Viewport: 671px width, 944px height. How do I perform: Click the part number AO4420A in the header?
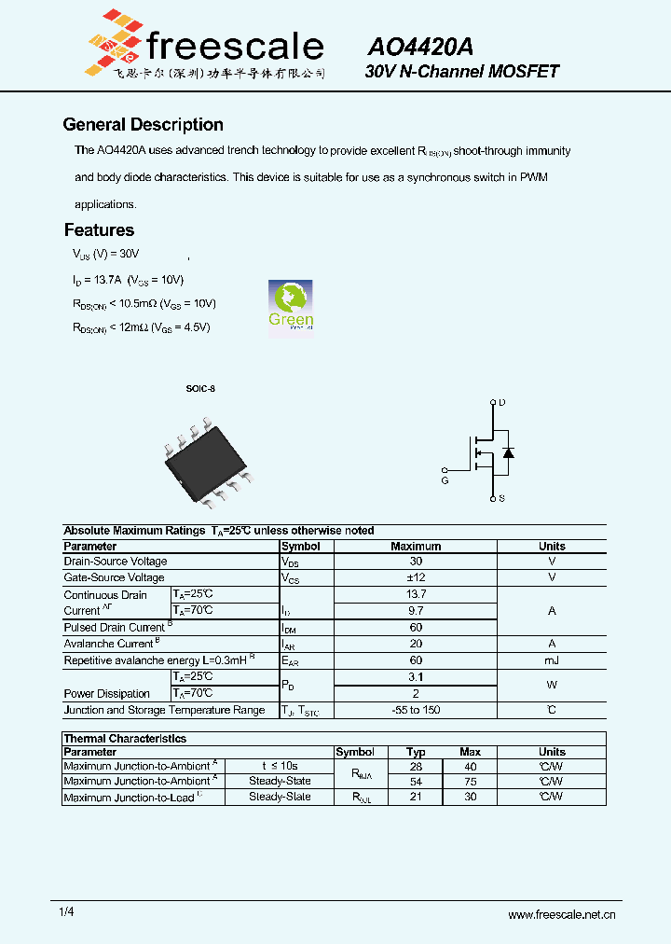[x=420, y=47]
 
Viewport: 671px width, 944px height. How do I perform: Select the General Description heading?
[x=143, y=125]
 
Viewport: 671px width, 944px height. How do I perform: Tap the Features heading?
[x=99, y=229]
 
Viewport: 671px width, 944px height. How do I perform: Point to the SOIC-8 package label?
[x=199, y=388]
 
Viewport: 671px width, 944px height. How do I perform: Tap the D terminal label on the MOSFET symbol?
[x=502, y=403]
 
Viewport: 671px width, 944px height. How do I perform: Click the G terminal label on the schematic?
[x=445, y=480]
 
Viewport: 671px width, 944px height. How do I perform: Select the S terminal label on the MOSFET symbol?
[x=501, y=499]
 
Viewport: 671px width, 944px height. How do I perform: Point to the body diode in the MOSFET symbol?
[x=508, y=451]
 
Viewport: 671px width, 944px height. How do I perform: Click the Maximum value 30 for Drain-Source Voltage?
[x=416, y=562]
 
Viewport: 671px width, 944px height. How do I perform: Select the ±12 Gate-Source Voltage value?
[x=416, y=577]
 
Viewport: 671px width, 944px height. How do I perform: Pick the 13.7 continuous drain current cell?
[x=416, y=594]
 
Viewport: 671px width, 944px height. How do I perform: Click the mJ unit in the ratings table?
[x=552, y=659]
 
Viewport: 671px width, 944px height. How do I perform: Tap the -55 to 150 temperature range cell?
[x=416, y=710]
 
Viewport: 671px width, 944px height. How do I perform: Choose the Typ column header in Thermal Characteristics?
[x=416, y=752]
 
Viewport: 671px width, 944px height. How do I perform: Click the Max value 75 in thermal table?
[x=471, y=782]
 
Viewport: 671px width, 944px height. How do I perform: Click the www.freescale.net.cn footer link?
[x=561, y=915]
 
